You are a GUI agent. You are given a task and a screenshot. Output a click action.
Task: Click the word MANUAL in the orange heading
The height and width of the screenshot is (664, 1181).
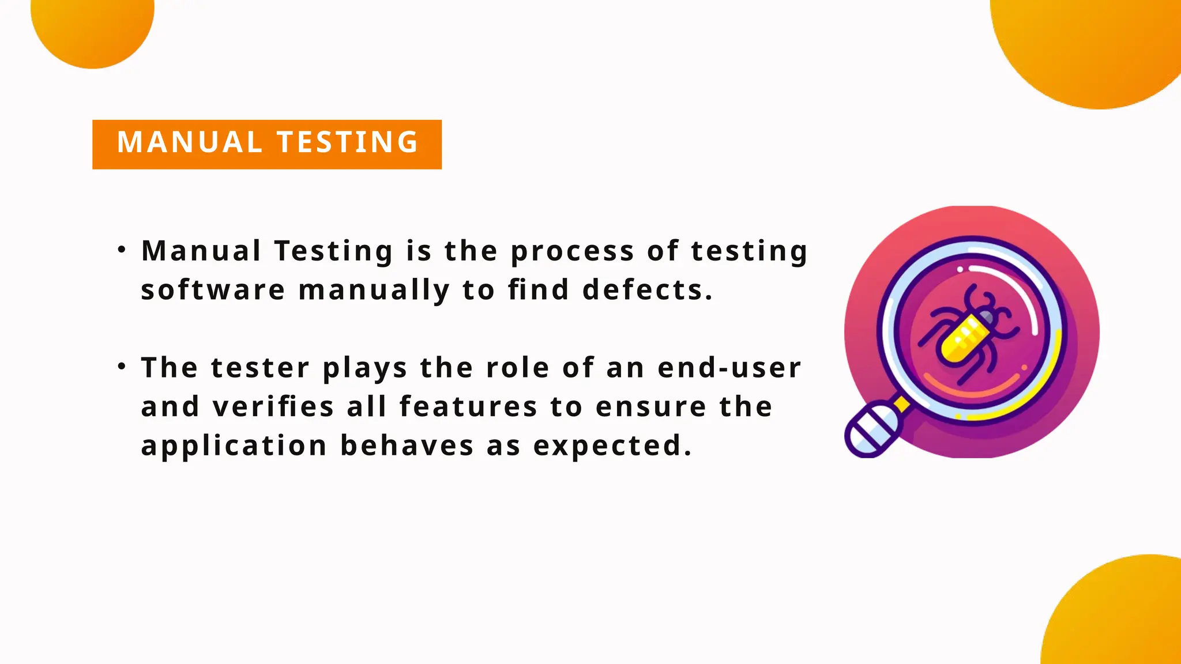point(189,142)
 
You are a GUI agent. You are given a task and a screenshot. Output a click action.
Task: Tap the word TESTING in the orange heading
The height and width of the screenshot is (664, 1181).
point(348,142)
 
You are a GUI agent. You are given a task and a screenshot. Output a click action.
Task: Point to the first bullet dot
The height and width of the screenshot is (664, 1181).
point(121,250)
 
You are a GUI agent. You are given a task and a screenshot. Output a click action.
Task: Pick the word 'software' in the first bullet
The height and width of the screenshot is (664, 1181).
point(213,289)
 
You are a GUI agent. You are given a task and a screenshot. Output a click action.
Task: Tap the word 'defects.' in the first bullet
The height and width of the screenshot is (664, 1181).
point(648,289)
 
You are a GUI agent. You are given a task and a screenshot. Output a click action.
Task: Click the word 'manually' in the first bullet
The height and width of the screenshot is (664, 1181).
point(374,290)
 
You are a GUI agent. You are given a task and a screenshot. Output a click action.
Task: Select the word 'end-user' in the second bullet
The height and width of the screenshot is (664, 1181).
point(729,368)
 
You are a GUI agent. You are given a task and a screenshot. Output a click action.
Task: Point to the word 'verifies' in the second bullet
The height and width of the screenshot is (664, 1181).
point(273,406)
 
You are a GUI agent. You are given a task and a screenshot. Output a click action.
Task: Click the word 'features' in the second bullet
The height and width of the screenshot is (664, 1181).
point(468,406)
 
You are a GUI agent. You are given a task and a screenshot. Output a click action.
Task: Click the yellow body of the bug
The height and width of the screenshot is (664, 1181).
point(962,340)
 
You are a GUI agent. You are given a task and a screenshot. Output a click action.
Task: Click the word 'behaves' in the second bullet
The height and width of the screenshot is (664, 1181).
point(407,446)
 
